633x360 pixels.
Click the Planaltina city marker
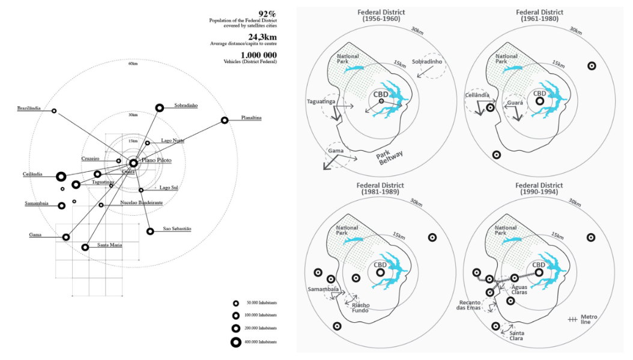pyautogui.click(x=225, y=120)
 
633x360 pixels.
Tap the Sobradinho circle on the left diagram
pyautogui.click(x=160, y=108)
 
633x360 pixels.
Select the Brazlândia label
pyautogui.click(x=29, y=108)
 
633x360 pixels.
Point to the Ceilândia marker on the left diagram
pyautogui.click(x=61, y=177)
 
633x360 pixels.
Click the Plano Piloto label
pyautogui.click(x=156, y=160)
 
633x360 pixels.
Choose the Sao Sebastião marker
pyautogui.click(x=150, y=231)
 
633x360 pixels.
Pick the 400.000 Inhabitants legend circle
pyautogui.click(x=235, y=342)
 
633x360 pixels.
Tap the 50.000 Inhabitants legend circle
pyautogui.click(x=235, y=303)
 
